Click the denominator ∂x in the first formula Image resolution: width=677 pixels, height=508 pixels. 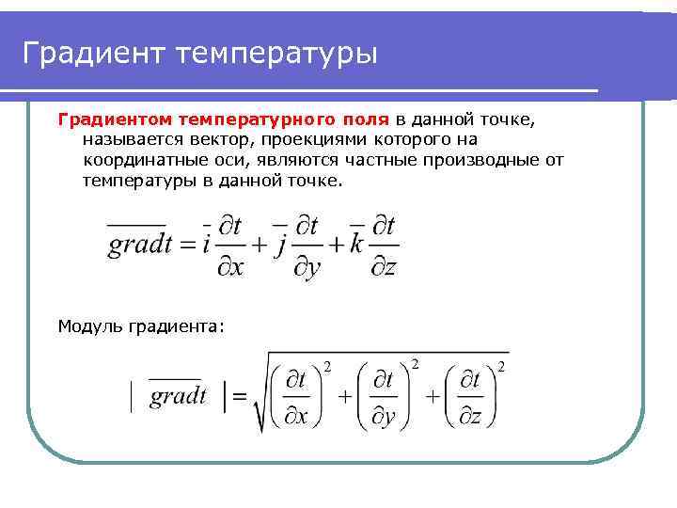click(230, 267)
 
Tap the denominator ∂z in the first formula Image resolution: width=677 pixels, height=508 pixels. click(383, 267)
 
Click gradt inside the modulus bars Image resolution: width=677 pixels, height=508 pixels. click(178, 395)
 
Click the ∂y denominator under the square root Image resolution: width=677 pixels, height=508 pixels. click(384, 415)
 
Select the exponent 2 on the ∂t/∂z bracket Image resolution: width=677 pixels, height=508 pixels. click(502, 365)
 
